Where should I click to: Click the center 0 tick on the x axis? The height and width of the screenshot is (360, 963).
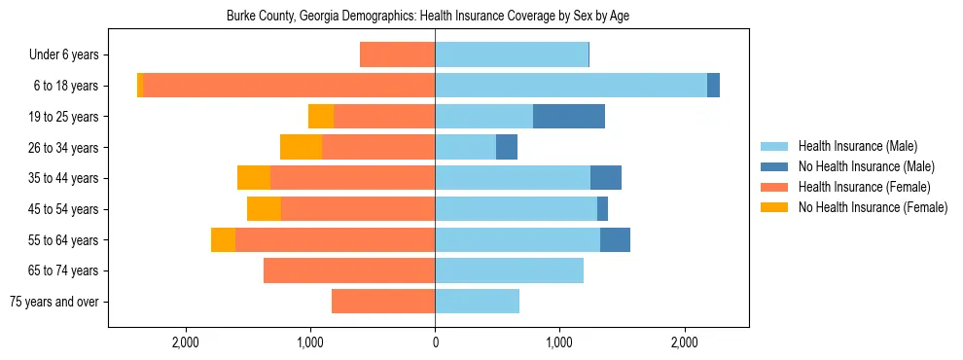(435, 342)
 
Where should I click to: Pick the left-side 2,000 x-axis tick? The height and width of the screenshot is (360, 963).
(185, 342)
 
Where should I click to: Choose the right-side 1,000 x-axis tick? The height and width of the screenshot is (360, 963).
(559, 342)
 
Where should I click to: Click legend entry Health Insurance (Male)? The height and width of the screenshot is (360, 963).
(857, 146)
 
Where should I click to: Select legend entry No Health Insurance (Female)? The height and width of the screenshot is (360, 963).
(873, 207)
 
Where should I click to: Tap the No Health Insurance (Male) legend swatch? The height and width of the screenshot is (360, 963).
(775, 166)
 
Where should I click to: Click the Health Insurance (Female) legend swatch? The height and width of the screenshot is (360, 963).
(775, 187)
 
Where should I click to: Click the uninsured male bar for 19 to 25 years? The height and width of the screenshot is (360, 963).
(569, 117)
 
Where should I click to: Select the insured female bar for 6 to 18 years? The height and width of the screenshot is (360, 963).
(289, 86)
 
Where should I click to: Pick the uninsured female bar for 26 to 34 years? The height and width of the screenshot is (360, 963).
(301, 147)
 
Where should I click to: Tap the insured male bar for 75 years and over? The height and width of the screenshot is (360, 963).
(477, 302)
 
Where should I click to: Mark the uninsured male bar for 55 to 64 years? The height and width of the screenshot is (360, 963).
(615, 239)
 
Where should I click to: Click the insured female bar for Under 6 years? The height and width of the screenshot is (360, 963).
(397, 54)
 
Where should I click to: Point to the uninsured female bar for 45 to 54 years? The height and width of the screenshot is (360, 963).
(264, 209)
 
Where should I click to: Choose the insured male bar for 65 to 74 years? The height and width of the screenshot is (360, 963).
(509, 270)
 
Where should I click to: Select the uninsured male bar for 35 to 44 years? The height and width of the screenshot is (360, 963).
(605, 178)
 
